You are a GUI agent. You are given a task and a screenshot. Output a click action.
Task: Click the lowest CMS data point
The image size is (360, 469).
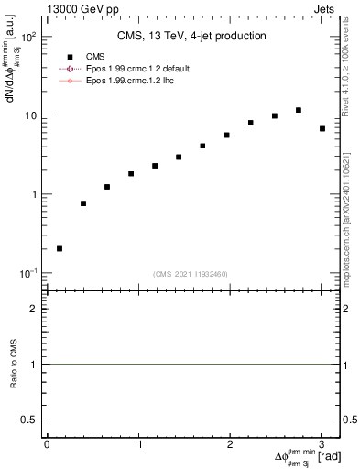60,248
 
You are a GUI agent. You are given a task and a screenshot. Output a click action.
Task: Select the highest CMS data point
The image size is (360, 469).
299,110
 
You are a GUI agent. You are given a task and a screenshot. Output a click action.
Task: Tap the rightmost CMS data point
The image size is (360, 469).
322,129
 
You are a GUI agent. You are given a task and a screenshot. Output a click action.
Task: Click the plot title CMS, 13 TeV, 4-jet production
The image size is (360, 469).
191,36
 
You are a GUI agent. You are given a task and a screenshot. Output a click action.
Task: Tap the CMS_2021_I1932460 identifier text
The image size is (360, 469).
190,274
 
